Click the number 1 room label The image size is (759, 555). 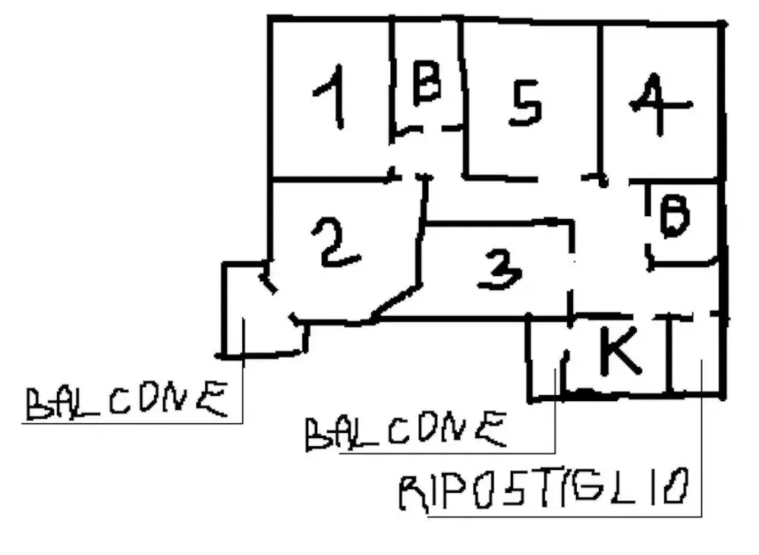[332, 96]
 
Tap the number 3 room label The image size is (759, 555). [501, 268]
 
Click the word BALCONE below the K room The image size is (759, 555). [405, 431]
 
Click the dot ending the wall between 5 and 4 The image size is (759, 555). [603, 181]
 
